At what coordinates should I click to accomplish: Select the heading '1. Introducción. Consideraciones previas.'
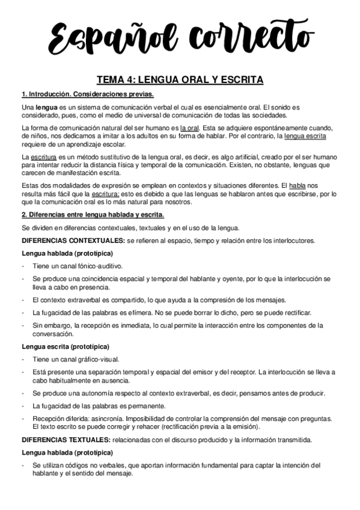click(x=87, y=94)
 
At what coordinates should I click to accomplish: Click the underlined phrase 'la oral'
click(x=190, y=128)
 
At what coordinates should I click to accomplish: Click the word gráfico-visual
click(x=99, y=360)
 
